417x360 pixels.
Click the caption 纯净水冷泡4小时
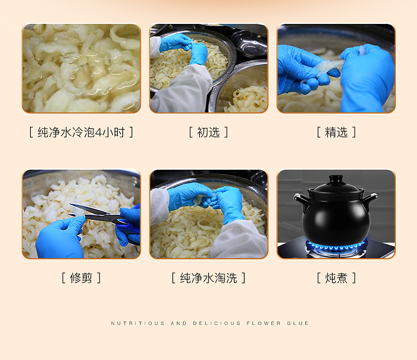point(81,132)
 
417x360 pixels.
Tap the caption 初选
point(209,132)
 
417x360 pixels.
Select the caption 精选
point(336,132)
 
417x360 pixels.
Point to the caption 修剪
point(81,278)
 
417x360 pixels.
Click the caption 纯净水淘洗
point(209,278)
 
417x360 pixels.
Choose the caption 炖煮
point(336,278)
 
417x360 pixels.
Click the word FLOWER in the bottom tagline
point(264,323)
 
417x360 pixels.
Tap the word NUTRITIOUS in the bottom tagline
point(138,323)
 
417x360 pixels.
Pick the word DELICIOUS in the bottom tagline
point(217,323)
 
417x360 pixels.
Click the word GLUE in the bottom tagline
point(297,323)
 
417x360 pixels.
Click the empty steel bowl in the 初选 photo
point(249,43)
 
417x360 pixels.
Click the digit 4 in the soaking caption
point(98,132)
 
